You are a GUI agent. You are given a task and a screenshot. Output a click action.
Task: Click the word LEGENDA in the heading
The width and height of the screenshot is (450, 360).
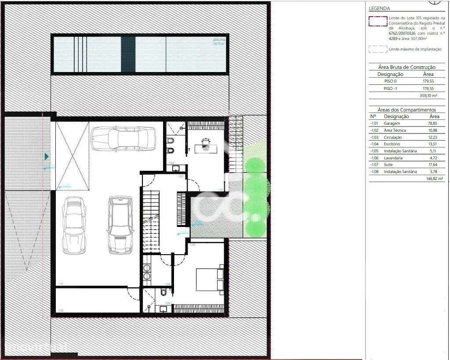pos(379,8)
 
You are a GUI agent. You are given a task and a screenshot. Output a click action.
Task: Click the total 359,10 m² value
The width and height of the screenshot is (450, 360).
pos(429,96)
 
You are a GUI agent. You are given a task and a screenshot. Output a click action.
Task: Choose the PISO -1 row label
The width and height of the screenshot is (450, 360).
pos(390,89)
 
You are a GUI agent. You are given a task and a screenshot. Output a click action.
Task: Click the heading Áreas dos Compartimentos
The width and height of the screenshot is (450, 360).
pos(406,109)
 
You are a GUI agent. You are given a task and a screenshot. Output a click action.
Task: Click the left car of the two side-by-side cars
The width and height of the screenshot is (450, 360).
pos(73,225)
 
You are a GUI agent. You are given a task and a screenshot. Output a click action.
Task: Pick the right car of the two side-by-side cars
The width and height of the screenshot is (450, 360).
pos(119,224)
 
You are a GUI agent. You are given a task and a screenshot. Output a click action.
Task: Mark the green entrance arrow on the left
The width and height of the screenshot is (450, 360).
pos(47,156)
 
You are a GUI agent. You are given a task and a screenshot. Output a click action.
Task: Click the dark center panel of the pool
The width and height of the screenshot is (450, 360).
pos(128,54)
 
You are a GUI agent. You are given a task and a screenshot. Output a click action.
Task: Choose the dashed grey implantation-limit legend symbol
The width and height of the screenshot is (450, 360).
pos(377,49)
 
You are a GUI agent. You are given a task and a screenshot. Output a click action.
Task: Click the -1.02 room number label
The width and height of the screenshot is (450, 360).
pos(61,310)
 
